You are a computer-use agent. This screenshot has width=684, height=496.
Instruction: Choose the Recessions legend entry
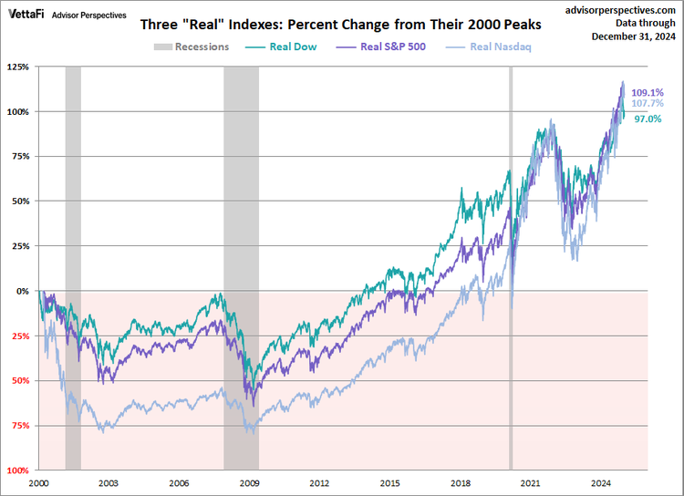point(191,46)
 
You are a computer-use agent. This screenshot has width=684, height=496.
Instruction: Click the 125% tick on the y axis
point(17,67)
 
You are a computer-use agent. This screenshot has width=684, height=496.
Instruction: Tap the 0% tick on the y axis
point(23,291)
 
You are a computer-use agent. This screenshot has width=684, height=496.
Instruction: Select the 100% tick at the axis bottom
point(17,470)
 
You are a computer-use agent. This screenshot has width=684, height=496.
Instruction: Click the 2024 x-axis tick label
point(601,482)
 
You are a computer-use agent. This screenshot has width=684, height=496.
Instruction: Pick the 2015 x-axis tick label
point(390,482)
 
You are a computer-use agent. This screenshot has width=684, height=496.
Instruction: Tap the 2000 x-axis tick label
point(39,482)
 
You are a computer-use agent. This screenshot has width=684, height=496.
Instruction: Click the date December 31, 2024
point(632,36)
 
